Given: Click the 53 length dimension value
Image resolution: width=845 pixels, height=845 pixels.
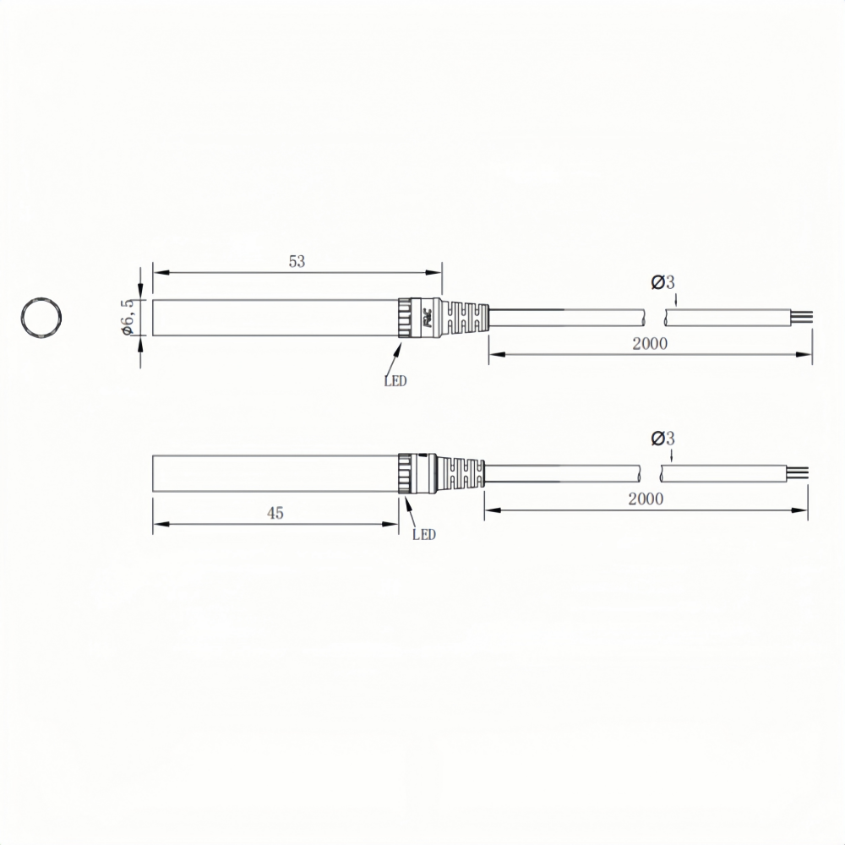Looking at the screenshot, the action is [297, 261].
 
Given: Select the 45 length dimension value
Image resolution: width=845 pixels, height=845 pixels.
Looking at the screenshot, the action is [275, 513].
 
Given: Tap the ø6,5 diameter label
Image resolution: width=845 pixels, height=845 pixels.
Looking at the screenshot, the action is [128, 317].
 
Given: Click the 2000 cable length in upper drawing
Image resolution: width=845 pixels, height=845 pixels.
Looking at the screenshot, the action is [650, 344].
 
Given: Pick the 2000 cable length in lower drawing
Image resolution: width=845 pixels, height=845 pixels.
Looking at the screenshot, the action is [646, 499].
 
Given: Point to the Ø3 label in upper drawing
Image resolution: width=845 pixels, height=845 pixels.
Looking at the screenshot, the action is [662, 282].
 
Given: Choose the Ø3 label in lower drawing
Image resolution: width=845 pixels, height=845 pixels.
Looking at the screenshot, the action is [662, 439].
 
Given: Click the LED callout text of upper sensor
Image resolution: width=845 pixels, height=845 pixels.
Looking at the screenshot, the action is [395, 381].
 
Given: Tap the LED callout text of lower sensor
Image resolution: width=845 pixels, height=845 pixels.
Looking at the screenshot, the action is [423, 535].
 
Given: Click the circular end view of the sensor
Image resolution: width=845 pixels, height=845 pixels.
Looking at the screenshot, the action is [23, 317].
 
